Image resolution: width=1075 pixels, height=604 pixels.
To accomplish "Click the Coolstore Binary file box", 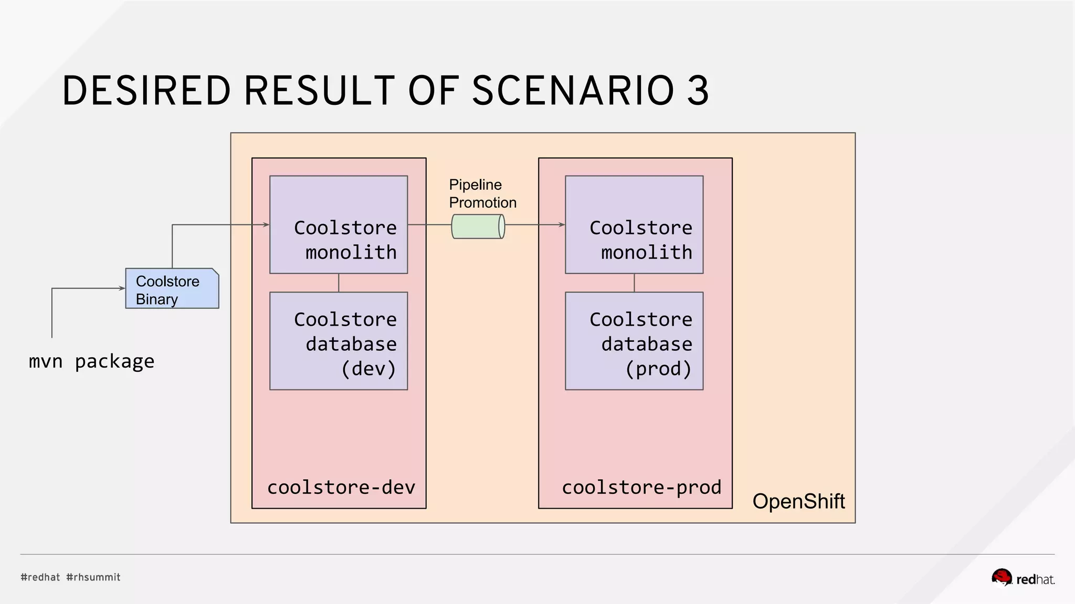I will [172, 288].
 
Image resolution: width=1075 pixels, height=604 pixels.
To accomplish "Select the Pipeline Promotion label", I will [482, 193].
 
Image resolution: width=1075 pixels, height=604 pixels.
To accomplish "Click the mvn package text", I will [91, 361].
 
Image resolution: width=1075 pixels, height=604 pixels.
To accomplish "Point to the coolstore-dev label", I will [341, 488].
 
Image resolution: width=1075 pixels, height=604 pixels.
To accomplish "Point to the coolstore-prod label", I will [641, 488].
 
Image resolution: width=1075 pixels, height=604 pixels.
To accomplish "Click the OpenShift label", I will [798, 501].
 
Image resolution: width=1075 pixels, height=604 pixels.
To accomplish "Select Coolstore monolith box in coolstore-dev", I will [339, 224].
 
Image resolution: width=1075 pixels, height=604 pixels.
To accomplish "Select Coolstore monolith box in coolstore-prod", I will [634, 224].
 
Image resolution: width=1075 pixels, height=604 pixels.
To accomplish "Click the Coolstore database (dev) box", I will [339, 341].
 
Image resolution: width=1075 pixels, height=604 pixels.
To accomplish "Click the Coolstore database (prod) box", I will [634, 341].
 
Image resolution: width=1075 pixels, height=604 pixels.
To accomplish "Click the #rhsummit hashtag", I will [93, 577].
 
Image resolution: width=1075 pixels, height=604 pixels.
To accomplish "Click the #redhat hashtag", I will [40, 577].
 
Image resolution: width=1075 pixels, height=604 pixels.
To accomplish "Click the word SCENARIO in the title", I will [573, 91].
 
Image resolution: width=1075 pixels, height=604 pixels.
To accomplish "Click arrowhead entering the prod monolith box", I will [562, 224].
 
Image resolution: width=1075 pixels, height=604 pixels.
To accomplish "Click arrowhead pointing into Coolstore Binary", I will [122, 288].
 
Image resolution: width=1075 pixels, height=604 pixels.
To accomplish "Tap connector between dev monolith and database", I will [339, 283].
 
